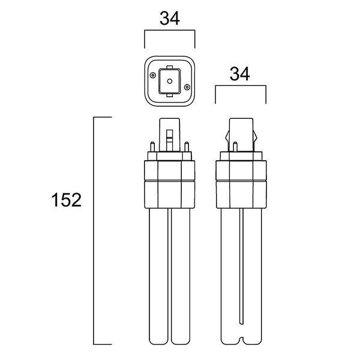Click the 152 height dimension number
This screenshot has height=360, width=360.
(x=67, y=200)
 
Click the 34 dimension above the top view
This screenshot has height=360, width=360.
(x=170, y=19)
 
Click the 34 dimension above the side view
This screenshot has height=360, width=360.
(x=239, y=74)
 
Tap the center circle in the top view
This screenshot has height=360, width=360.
(x=170, y=81)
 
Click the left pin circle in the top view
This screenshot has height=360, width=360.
(x=152, y=75)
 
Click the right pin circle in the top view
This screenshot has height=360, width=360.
(x=187, y=87)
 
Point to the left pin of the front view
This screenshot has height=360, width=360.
(x=152, y=147)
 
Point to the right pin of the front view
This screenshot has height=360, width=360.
(x=187, y=147)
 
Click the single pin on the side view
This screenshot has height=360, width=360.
(x=235, y=147)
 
